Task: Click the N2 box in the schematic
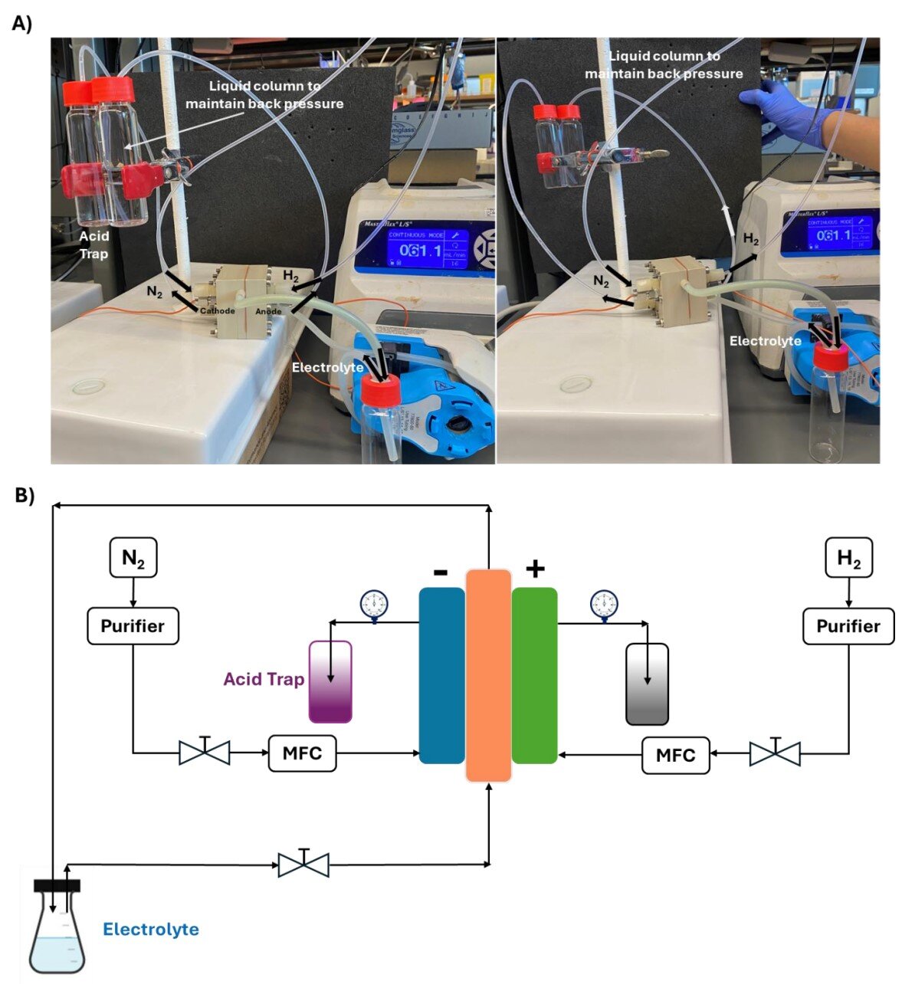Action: (133, 559)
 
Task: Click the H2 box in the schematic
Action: (848, 559)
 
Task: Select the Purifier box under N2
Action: (133, 626)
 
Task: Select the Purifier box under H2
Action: (848, 626)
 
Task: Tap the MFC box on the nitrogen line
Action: (302, 753)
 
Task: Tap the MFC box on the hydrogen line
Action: (675, 755)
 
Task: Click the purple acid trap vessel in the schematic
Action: (330, 682)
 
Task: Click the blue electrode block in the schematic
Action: (441, 675)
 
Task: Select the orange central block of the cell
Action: (488, 675)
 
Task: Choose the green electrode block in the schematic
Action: (534, 675)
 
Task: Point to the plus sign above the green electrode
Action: (535, 569)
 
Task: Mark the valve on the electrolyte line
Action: (303, 864)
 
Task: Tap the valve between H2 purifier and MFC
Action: (775, 753)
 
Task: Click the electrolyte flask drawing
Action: (57, 931)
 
